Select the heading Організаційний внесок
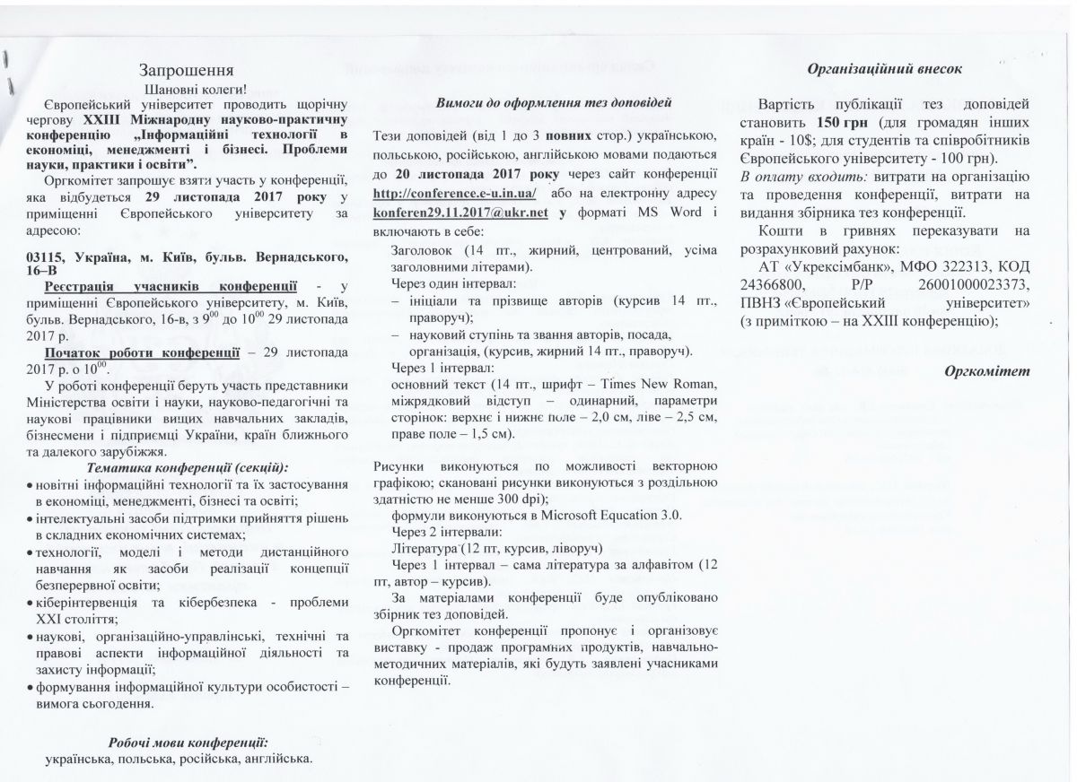[x=884, y=67]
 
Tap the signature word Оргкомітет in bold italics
[x=986, y=370]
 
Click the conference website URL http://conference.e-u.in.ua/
[x=454, y=194]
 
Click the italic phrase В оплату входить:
[x=791, y=176]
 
